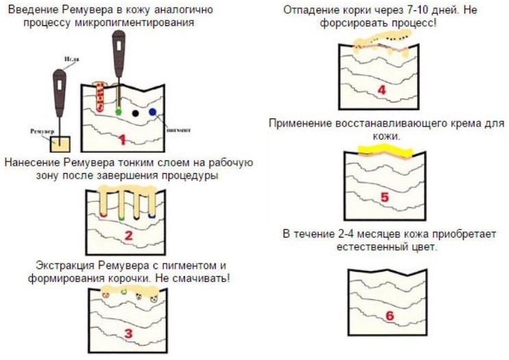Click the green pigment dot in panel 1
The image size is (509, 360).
119,111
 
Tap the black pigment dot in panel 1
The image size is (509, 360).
136,112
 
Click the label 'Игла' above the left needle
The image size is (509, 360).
69,60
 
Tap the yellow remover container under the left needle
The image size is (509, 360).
60,144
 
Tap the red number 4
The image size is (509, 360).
381,90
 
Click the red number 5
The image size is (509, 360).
384,197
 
